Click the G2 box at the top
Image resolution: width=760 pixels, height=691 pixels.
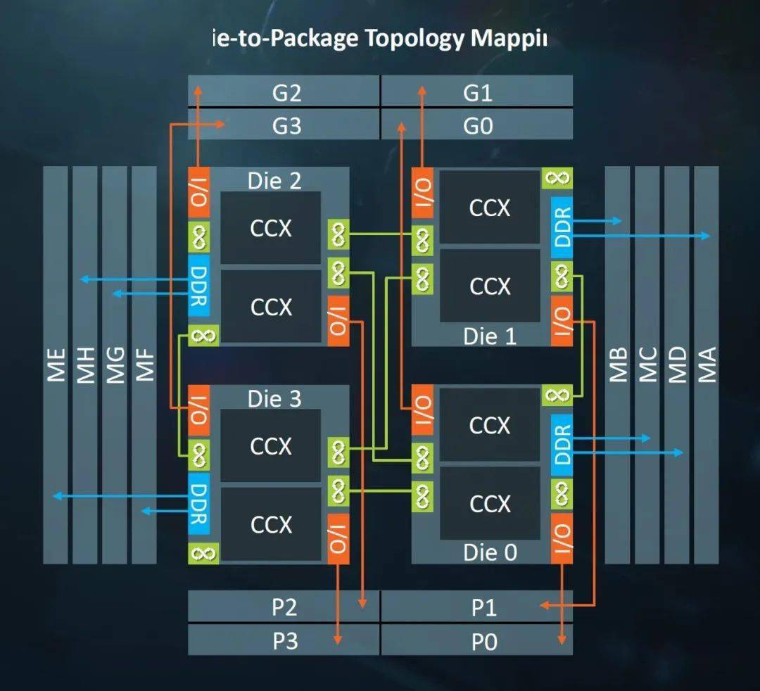tap(286, 93)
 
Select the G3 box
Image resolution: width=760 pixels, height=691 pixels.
tap(286, 125)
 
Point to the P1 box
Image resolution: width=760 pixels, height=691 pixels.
tap(483, 607)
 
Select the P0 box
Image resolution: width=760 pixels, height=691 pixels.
tap(483, 641)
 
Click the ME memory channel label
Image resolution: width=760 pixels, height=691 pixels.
tap(56, 365)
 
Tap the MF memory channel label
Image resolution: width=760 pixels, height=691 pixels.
tap(144, 365)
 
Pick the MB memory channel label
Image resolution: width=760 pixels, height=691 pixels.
tap(618, 365)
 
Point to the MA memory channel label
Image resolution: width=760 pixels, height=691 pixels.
tap(706, 365)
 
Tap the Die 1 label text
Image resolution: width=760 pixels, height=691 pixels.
tap(490, 336)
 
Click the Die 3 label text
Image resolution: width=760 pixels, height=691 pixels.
tap(274, 399)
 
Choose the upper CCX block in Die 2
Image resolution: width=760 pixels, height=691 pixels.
tap(271, 228)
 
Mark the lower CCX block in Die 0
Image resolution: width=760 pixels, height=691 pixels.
tap(490, 503)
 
